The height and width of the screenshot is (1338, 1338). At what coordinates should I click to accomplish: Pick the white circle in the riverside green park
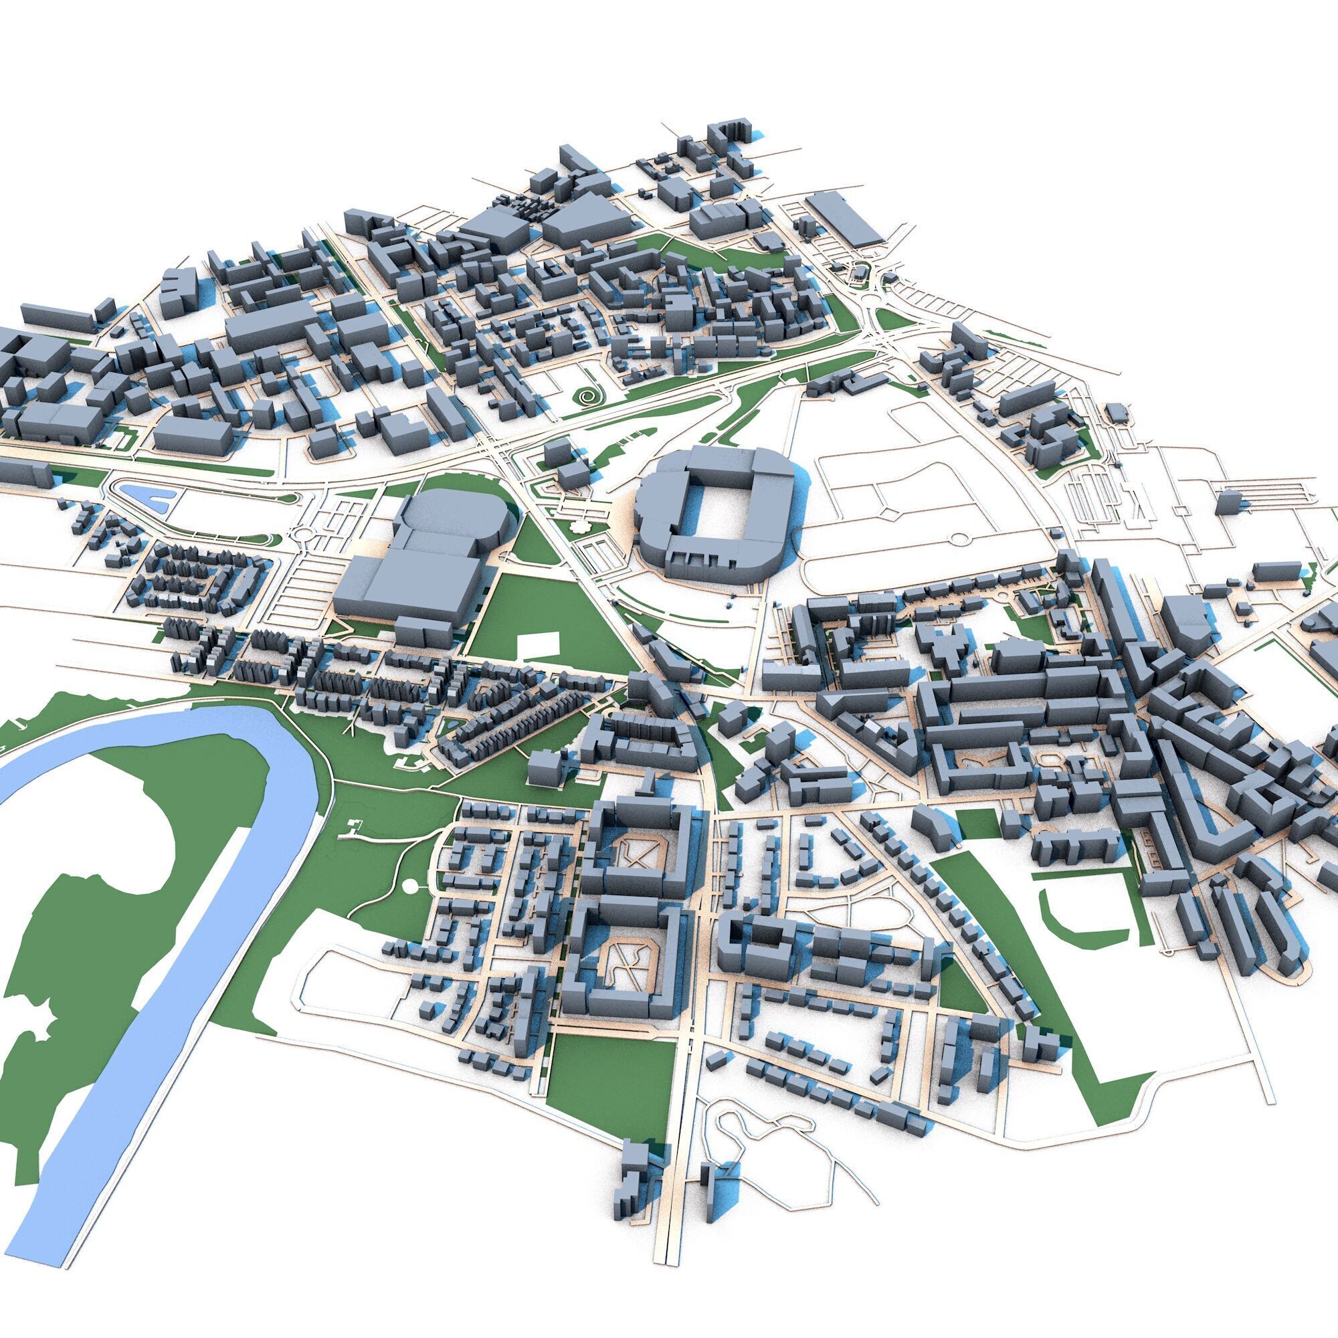(x=410, y=884)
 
